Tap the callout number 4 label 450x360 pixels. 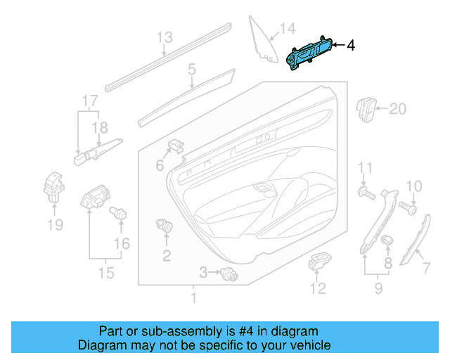(350, 46)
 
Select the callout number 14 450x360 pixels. (288, 30)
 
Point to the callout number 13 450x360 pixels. (164, 37)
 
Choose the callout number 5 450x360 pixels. (191, 70)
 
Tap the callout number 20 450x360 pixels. (397, 109)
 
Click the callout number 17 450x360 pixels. (87, 101)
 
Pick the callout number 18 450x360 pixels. (102, 127)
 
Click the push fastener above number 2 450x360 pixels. (166, 226)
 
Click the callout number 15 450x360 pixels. (105, 272)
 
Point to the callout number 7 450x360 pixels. (425, 267)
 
